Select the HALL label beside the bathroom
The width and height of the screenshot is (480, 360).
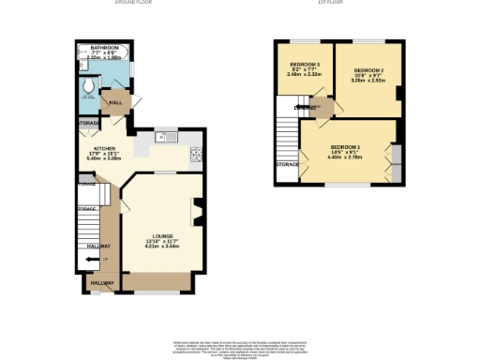[117, 103]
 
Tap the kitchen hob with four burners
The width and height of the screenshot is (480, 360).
[196, 156]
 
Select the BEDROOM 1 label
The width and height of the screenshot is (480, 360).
[345, 147]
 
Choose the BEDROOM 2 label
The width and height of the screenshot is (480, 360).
[367, 70]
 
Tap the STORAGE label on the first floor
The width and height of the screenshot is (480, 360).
[287, 165]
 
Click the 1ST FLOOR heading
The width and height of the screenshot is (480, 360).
[331, 3]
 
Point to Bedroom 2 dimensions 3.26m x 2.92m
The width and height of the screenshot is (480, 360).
[367, 82]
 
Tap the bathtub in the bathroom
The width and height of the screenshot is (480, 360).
[104, 57]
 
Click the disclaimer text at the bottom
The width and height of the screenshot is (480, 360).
[240, 350]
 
